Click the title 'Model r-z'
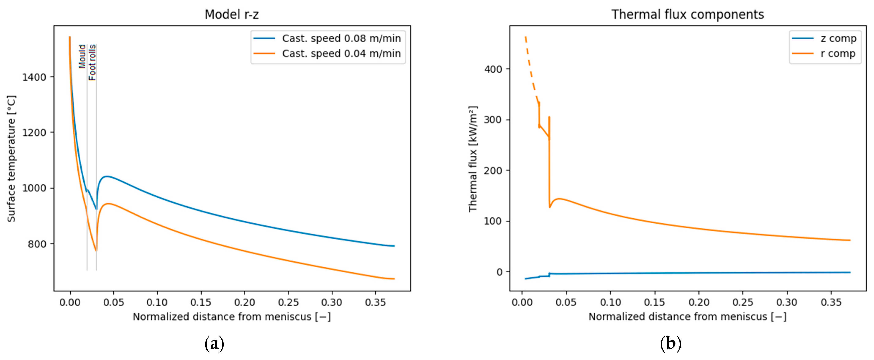point(232,15)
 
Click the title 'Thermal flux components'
point(687,15)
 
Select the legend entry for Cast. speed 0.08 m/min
point(341,38)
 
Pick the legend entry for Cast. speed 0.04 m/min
point(341,54)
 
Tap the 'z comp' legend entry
point(838,38)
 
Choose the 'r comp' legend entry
point(837,54)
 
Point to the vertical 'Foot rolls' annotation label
point(92,62)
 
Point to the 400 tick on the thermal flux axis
point(493,69)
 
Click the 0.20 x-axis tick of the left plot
point(244,302)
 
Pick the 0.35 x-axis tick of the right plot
point(831,302)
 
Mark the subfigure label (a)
point(214,344)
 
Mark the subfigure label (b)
point(670,344)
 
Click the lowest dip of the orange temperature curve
point(96,251)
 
